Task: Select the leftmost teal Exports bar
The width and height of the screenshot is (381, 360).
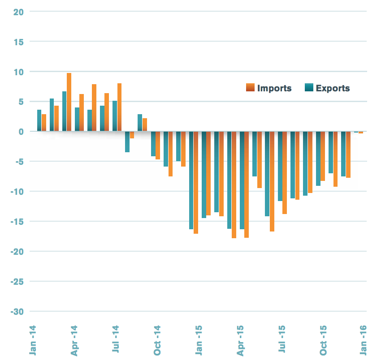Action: (x=39, y=120)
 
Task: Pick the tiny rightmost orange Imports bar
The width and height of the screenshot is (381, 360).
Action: (x=361, y=133)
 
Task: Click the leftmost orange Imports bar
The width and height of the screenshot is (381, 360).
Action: (x=44, y=123)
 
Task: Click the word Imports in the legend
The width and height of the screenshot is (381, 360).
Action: (x=274, y=88)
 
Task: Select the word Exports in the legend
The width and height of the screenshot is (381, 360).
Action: (x=333, y=88)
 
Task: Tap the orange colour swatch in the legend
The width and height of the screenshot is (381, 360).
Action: (x=250, y=88)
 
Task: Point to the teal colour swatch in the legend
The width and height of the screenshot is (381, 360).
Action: (x=309, y=88)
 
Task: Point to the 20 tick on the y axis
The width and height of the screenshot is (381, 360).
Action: (x=18, y=12)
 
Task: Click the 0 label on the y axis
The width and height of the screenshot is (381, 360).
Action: (x=21, y=132)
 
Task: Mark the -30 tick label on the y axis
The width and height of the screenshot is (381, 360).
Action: (x=17, y=312)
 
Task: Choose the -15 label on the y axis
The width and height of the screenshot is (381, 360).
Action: (x=17, y=222)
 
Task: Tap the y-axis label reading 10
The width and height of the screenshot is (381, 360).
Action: (x=18, y=72)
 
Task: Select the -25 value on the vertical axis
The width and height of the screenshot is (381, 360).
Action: (x=17, y=282)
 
